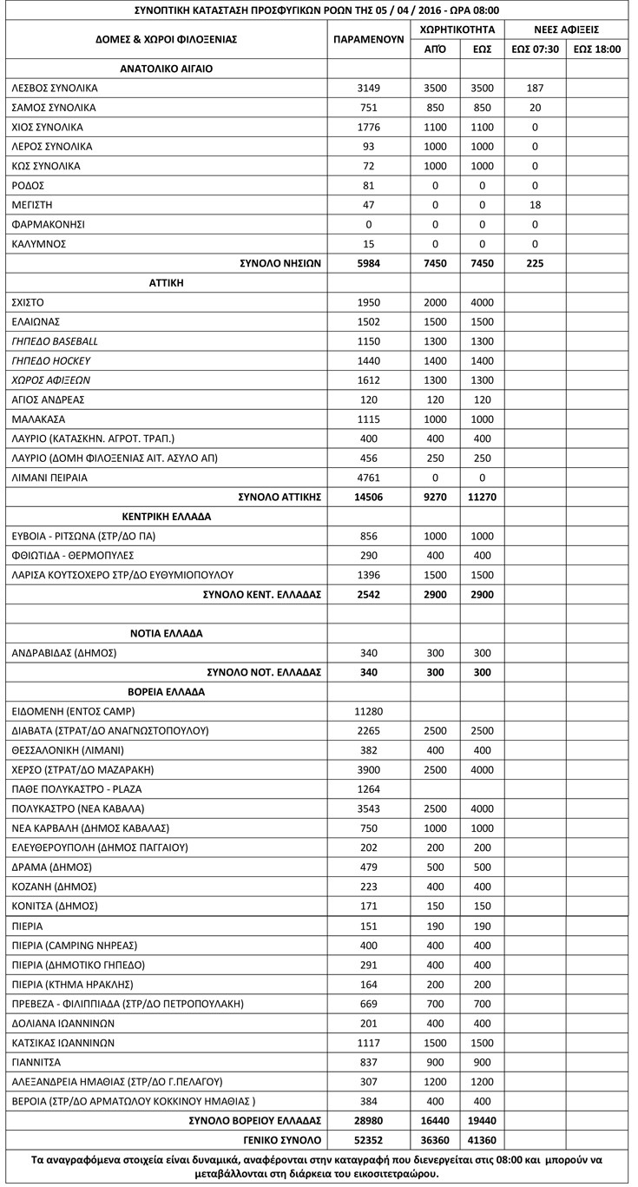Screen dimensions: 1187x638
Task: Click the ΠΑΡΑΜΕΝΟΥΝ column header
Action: pyautogui.click(x=369, y=40)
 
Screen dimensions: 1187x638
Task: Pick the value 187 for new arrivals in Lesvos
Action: pyautogui.click(x=535, y=89)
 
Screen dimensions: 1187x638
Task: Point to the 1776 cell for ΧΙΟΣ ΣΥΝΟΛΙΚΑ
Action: pyautogui.click(x=369, y=127)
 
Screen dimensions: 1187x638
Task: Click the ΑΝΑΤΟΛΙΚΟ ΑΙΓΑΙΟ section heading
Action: pyautogui.click(x=166, y=69)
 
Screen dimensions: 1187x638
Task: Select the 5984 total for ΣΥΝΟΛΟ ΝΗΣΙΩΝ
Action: pyautogui.click(x=369, y=263)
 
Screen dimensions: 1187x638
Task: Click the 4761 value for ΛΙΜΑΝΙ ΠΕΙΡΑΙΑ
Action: pyautogui.click(x=369, y=478)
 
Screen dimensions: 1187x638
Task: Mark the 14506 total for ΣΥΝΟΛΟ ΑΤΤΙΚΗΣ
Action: pyautogui.click(x=369, y=497)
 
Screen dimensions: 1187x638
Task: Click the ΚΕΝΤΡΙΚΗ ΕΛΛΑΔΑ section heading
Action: pyautogui.click(x=166, y=517)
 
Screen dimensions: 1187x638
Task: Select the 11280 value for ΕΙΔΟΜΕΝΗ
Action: pyautogui.click(x=369, y=711)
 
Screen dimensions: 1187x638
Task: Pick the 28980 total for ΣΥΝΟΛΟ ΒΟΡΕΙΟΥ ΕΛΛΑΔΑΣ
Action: pyautogui.click(x=369, y=1120)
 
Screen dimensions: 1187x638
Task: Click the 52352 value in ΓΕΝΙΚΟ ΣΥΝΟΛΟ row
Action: pyautogui.click(x=369, y=1139)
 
